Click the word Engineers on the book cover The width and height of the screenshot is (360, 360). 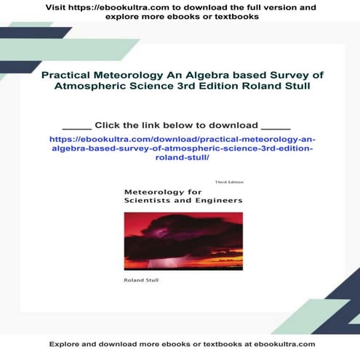click(x=215, y=199)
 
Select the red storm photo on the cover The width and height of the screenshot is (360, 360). click(x=183, y=239)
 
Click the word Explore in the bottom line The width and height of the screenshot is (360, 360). click(x=63, y=344)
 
